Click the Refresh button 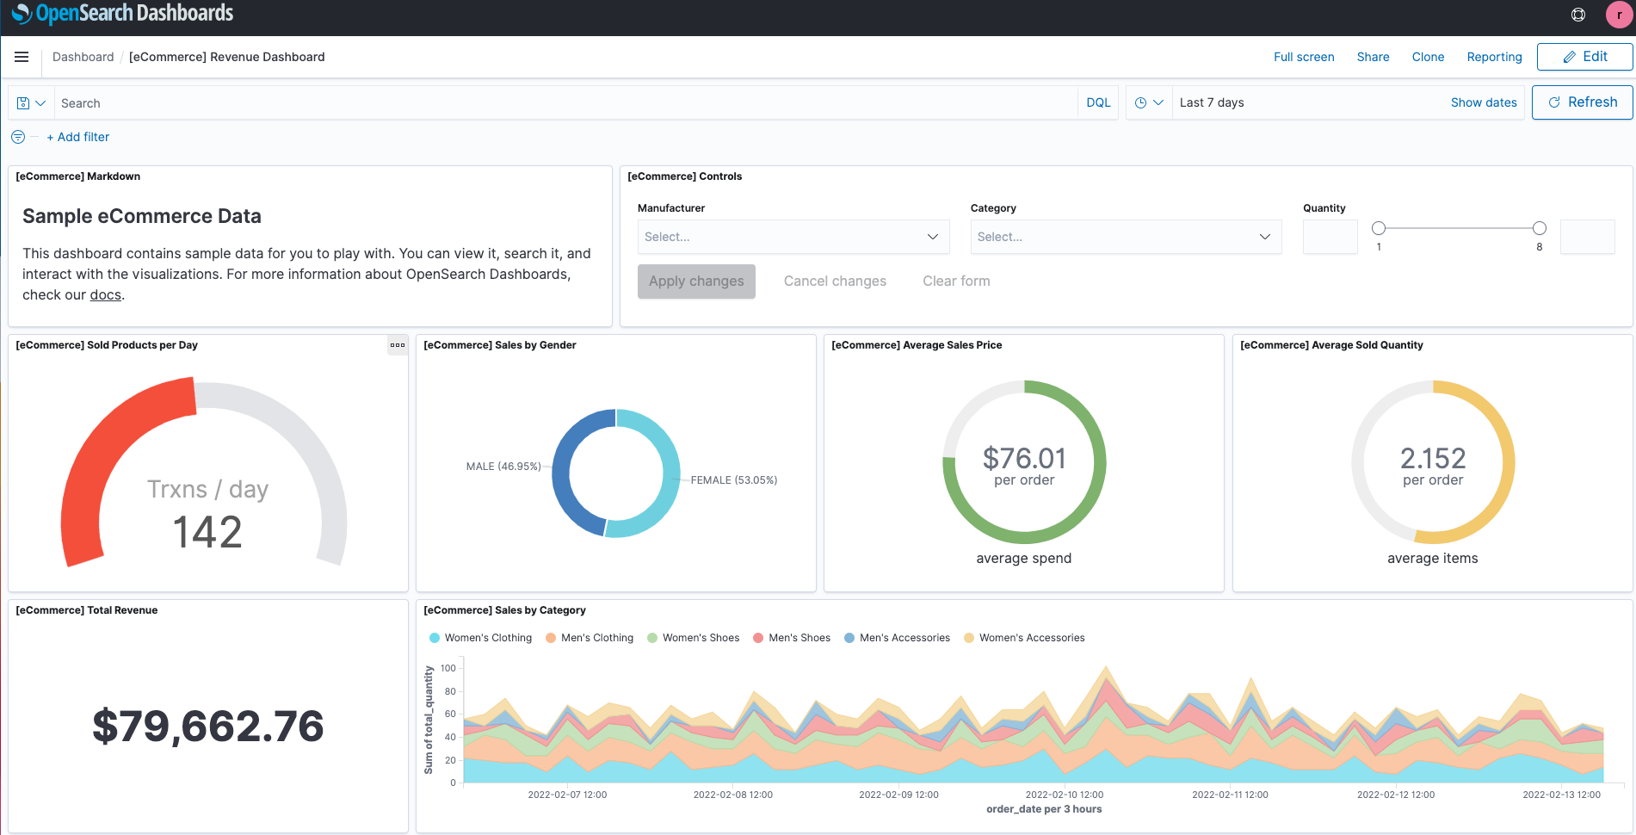click(1582, 102)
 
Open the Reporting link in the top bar click(1494, 57)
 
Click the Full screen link click(1303, 57)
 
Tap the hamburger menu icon click(22, 57)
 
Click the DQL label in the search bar click(1097, 102)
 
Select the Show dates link click(1483, 102)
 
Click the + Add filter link click(77, 137)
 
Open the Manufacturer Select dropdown click(793, 237)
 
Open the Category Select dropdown click(1125, 237)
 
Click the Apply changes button click(695, 281)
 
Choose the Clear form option click(955, 281)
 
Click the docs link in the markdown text click(105, 295)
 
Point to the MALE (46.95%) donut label click(503, 467)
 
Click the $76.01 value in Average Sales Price click(1023, 458)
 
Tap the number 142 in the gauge click(207, 532)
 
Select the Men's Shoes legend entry click(798, 638)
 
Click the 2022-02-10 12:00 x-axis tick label click(1064, 795)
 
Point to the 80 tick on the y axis click(450, 691)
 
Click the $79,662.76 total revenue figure click(207, 727)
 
